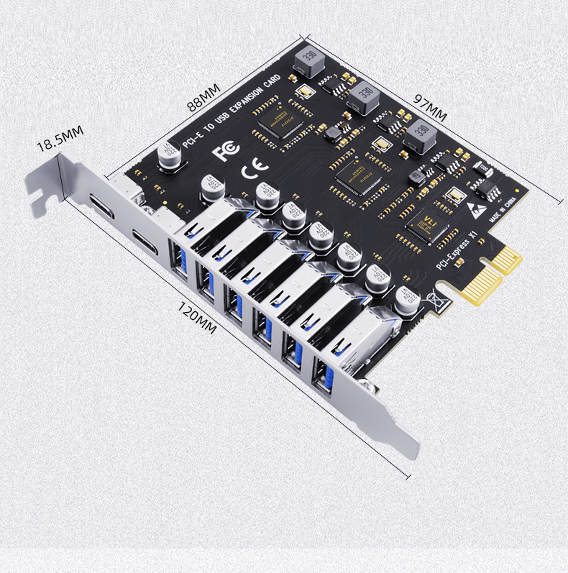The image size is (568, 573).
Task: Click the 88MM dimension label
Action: tap(203, 96)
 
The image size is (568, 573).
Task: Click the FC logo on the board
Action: tap(226, 150)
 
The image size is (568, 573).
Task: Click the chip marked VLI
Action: tap(431, 224)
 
